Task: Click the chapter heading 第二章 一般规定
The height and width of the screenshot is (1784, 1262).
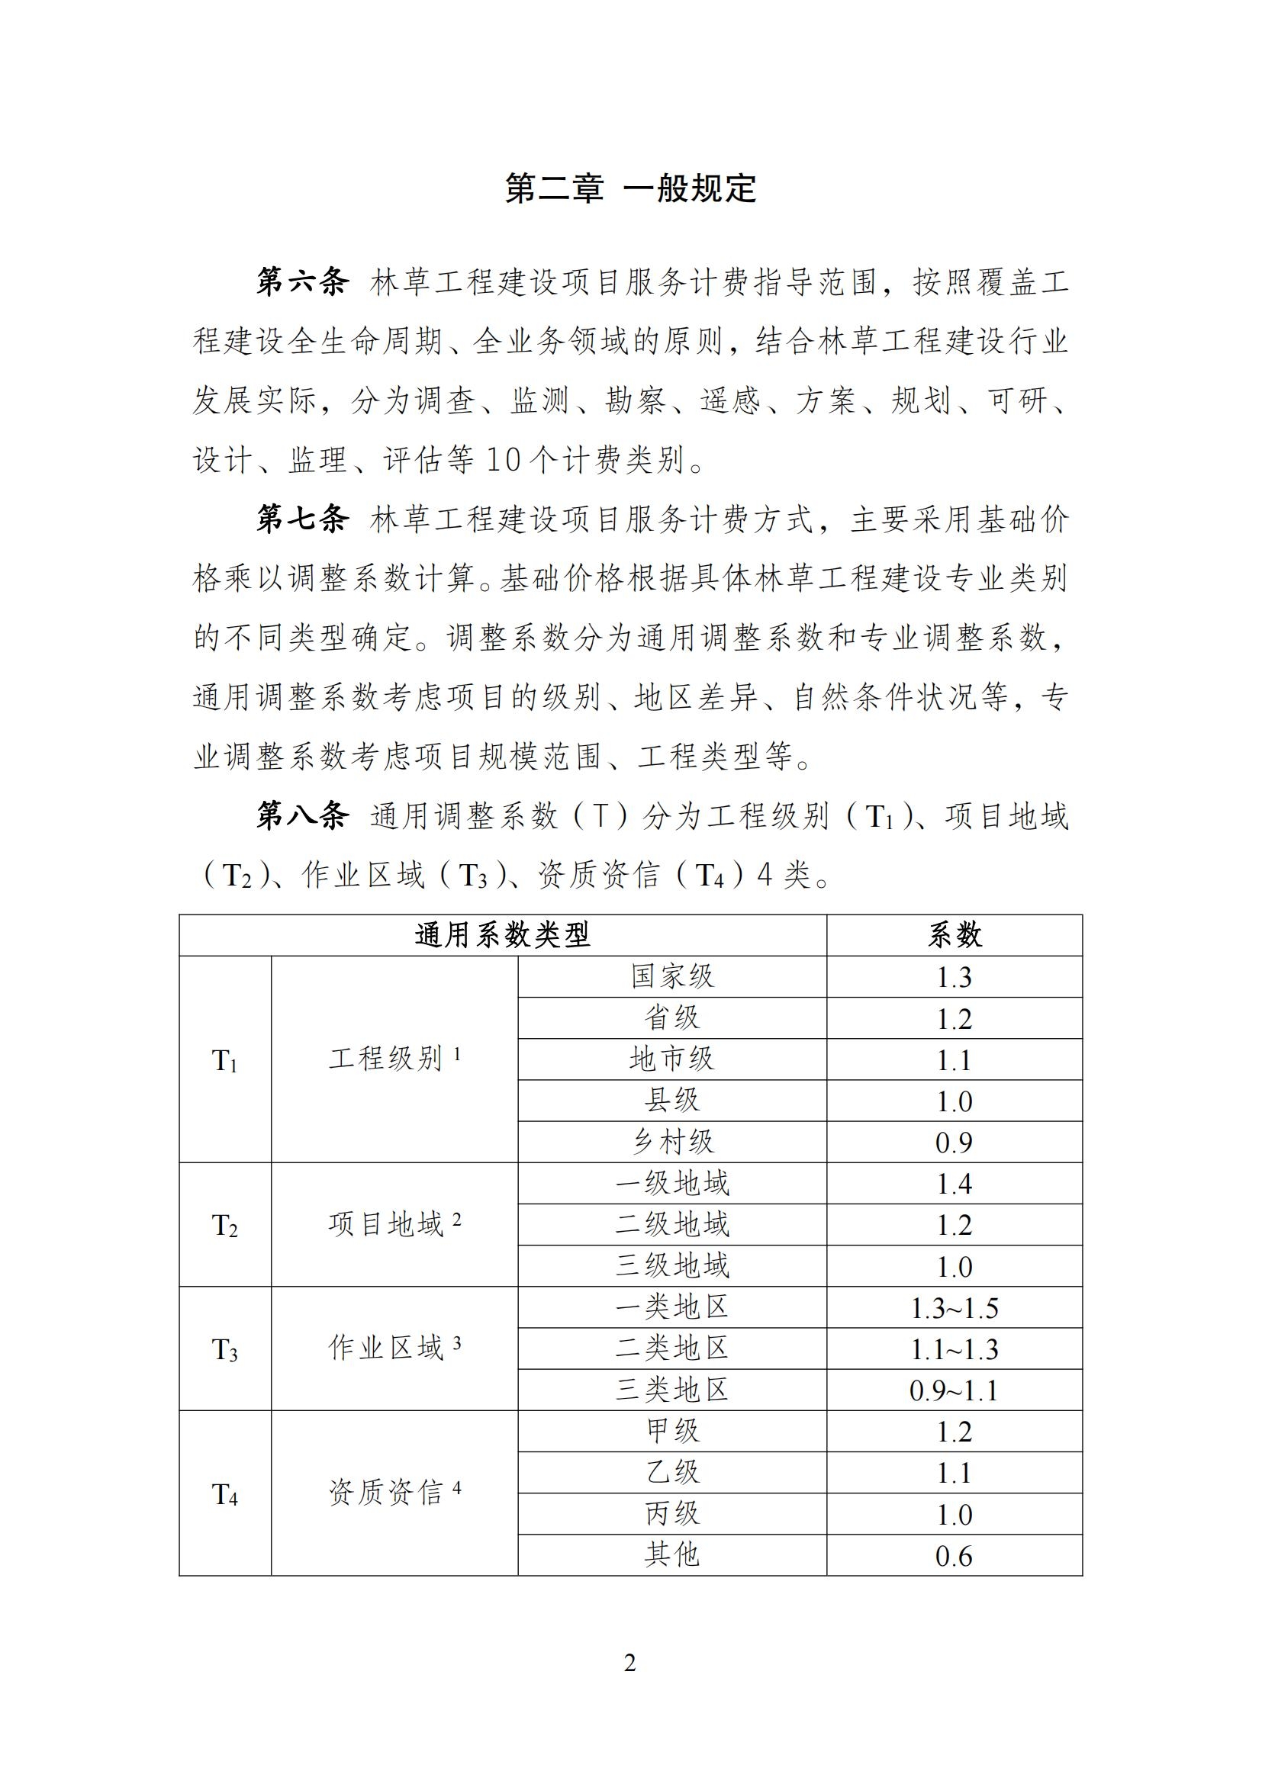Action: click(x=630, y=189)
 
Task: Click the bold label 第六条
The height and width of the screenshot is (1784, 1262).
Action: click(x=303, y=281)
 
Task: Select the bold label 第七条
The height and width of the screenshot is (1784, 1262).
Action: click(x=303, y=519)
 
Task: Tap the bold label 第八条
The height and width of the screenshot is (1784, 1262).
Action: click(x=303, y=816)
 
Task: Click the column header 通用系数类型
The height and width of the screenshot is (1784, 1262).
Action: click(x=502, y=935)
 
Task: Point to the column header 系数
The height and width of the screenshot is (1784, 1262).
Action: click(x=955, y=935)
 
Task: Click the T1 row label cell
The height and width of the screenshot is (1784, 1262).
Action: click(x=224, y=1060)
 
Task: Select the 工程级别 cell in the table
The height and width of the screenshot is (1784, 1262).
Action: click(x=394, y=1059)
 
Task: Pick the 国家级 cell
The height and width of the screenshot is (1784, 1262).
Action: click(x=672, y=977)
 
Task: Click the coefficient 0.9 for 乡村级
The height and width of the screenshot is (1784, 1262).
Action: click(x=955, y=1143)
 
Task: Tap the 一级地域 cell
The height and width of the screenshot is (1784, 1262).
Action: click(x=672, y=1184)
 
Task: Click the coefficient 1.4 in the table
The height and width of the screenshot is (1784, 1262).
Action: click(x=955, y=1184)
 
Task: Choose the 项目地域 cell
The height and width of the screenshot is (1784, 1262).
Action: click(x=394, y=1225)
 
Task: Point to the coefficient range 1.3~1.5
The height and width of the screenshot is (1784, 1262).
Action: click(x=955, y=1308)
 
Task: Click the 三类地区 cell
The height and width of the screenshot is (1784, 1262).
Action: click(x=672, y=1390)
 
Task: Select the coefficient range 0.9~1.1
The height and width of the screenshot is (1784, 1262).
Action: click(x=955, y=1390)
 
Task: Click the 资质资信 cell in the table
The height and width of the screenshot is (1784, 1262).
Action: click(x=394, y=1493)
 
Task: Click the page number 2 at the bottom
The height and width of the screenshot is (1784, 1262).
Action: click(x=630, y=1663)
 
